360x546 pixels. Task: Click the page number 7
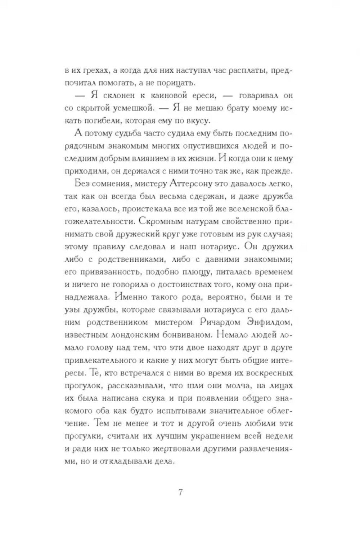coord(180,492)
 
